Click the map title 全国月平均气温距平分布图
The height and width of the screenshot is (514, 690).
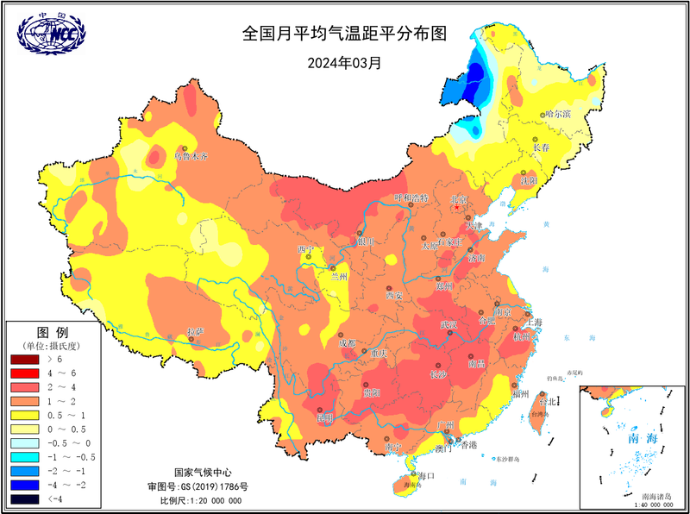(x=345, y=35)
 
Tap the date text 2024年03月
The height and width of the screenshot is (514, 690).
(x=345, y=62)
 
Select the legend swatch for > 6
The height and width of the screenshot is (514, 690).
(x=23, y=357)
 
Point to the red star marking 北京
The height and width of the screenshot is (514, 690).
(x=457, y=207)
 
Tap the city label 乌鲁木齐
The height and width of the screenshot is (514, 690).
(x=191, y=157)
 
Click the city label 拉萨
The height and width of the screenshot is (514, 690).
(x=196, y=331)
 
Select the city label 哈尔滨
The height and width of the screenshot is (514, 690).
(x=558, y=113)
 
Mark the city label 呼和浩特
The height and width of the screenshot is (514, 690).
(x=411, y=197)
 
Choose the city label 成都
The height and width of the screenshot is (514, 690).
(x=346, y=343)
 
